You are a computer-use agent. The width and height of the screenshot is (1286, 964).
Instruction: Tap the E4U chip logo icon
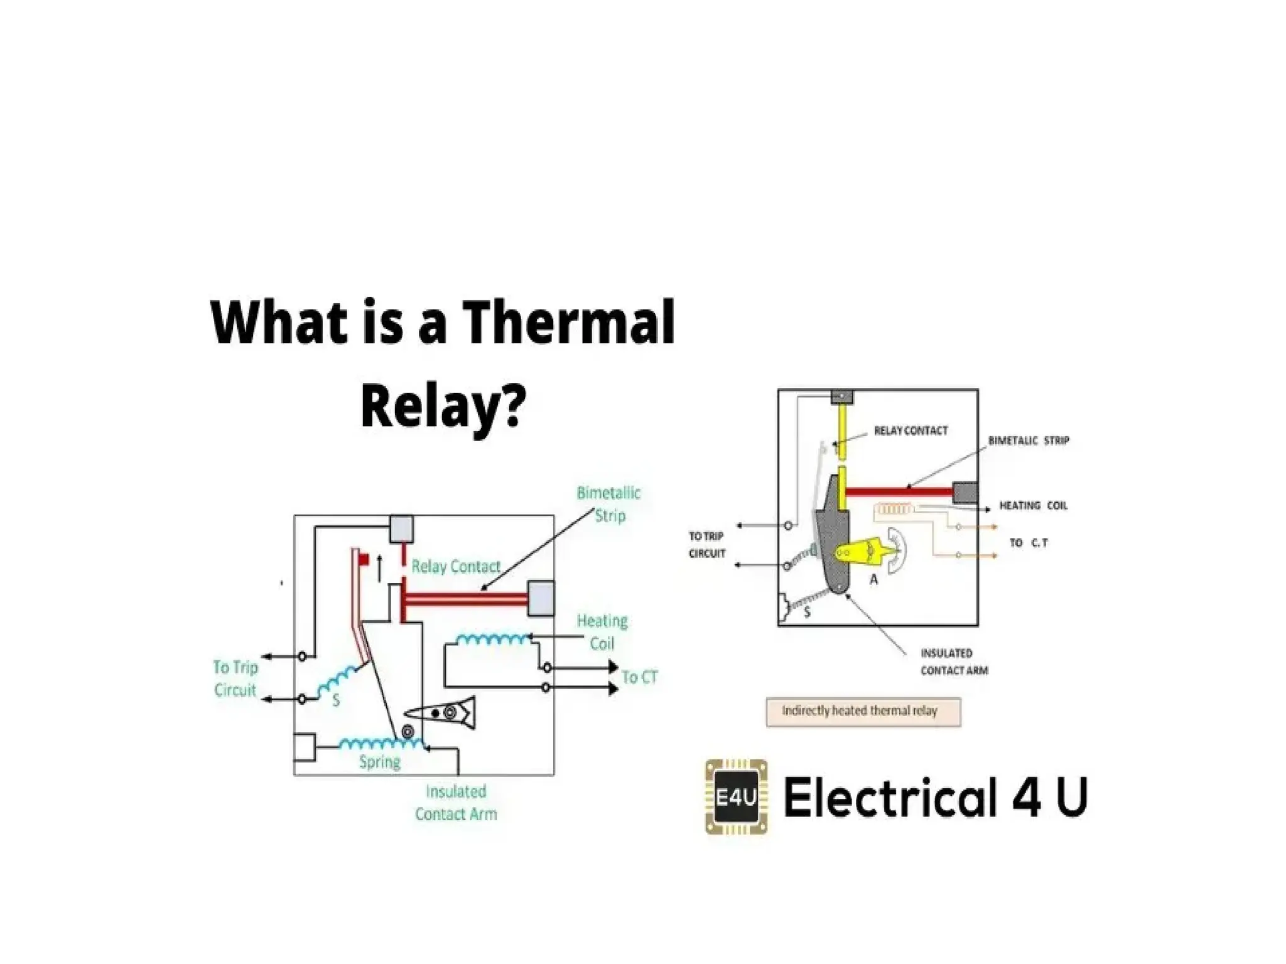(736, 797)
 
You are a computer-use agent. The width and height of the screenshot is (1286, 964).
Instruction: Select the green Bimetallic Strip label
(608, 504)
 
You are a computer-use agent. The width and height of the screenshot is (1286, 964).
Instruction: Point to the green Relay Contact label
(456, 567)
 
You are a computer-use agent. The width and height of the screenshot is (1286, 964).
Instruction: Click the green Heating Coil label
(602, 632)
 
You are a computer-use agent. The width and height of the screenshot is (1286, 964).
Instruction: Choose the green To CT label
(639, 677)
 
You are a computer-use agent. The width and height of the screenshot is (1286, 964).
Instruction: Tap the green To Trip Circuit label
(235, 678)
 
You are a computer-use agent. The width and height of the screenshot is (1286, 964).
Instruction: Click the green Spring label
(379, 762)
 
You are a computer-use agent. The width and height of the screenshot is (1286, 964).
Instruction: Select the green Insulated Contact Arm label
(456, 803)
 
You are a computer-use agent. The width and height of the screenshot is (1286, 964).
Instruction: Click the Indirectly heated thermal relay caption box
(863, 711)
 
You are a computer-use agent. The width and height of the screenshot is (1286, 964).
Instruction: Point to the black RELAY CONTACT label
(910, 431)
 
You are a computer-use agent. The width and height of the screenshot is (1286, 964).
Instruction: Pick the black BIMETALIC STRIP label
(1028, 441)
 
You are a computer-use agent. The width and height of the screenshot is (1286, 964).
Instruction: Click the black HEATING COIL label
(1033, 505)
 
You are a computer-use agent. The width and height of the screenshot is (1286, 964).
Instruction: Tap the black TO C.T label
(1028, 542)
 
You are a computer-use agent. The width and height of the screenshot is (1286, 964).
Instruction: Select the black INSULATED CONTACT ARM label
(954, 662)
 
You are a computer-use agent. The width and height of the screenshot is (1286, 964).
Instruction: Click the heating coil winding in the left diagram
(493, 640)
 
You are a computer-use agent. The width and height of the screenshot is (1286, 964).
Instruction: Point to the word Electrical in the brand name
(890, 797)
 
